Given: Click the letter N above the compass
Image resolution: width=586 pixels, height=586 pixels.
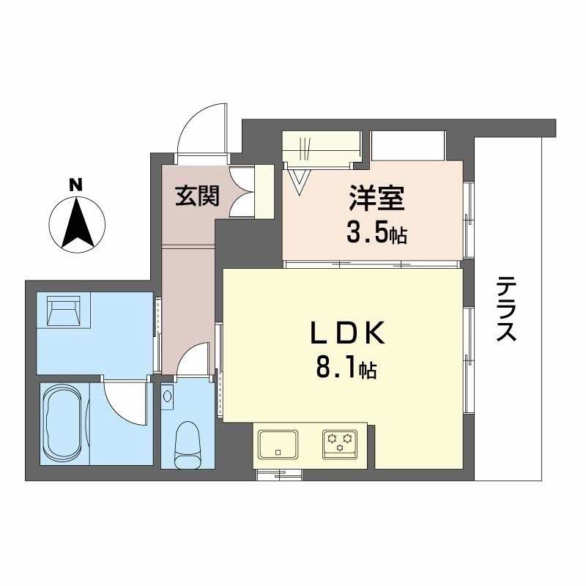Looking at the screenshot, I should pyautogui.click(x=75, y=185).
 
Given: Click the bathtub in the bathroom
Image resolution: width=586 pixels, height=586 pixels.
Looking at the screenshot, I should pyautogui.click(x=65, y=423).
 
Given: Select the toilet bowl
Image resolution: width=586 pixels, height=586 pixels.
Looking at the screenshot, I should pyautogui.click(x=188, y=442).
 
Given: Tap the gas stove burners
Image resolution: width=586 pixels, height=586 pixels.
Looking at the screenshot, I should pyautogui.click(x=339, y=442).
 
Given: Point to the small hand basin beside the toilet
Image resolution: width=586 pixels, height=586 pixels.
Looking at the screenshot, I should pyautogui.click(x=168, y=396).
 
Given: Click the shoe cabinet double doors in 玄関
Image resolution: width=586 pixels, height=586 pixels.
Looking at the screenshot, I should pyautogui.click(x=242, y=192).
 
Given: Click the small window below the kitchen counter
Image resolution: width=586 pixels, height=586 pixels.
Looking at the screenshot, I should pyautogui.click(x=279, y=475).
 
